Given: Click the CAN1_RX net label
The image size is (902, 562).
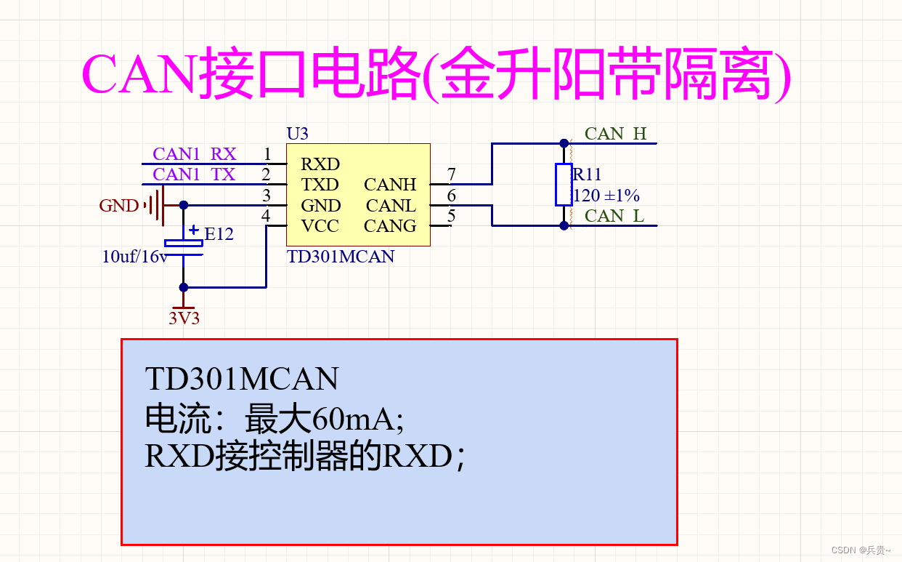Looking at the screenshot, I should (x=194, y=154).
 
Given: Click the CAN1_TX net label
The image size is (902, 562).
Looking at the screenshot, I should (x=194, y=174).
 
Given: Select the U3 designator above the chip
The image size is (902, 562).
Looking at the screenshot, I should (x=297, y=134).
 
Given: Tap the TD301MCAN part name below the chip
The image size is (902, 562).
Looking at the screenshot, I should (x=341, y=257).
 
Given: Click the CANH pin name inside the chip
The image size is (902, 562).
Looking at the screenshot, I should (x=390, y=185).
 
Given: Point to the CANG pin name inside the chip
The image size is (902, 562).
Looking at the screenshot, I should (x=390, y=226).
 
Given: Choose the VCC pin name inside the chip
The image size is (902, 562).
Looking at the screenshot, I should (x=320, y=226).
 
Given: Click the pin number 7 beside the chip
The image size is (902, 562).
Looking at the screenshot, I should (x=451, y=174).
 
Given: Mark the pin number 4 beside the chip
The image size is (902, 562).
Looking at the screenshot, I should (x=266, y=216).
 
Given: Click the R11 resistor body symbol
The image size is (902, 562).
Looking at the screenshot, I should (x=564, y=185).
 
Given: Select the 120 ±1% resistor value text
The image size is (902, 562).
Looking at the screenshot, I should (x=606, y=196).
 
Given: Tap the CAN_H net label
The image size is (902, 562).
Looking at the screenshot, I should (x=615, y=134).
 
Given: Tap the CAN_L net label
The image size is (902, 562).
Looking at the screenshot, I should (x=614, y=216).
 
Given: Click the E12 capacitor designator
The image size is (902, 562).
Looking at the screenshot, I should (x=219, y=234).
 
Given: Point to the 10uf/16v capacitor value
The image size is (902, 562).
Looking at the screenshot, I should (x=135, y=256).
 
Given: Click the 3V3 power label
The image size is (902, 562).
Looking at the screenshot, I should (x=184, y=318).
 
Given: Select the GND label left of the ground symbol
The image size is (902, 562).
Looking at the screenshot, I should (x=118, y=206).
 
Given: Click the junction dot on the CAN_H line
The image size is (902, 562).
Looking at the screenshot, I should (x=564, y=143).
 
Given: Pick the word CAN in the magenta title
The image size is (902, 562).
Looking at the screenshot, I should (x=138, y=74).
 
